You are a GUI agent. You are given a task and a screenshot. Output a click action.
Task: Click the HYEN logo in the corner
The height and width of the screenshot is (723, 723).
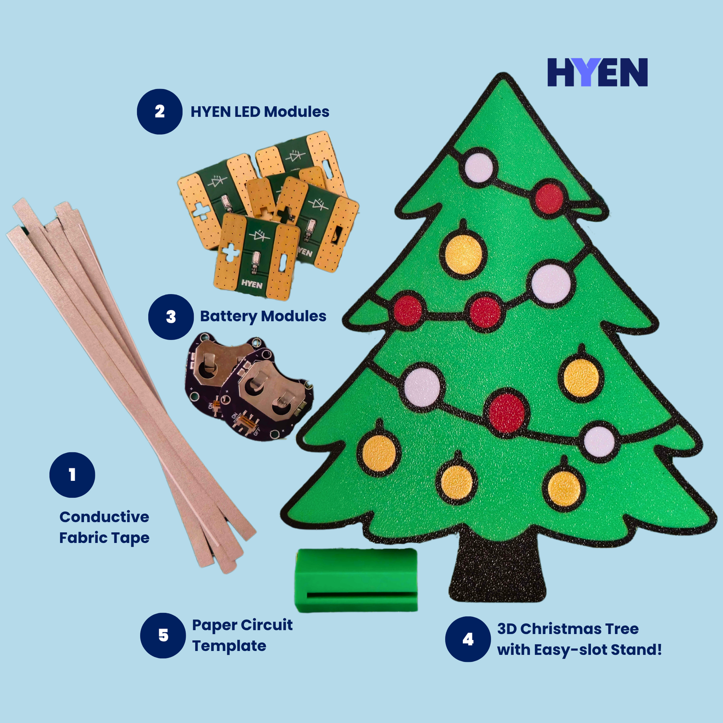pos(597,73)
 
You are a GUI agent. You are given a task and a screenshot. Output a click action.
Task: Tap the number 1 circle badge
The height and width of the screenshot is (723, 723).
pos(72,475)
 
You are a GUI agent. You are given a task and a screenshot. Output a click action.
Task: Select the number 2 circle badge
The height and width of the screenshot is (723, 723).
pos(160,112)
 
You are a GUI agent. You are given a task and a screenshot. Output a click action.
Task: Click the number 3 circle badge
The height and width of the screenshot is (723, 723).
pos(171,317)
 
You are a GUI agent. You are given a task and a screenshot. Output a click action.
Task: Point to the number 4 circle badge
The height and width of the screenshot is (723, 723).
pos(468,639)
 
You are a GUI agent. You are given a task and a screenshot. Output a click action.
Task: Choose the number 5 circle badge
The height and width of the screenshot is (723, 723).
pos(163,635)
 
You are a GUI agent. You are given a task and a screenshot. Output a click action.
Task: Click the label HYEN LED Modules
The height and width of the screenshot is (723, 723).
pos(260,112)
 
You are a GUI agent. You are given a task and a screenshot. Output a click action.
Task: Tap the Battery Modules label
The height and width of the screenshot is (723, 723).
pos(263,316)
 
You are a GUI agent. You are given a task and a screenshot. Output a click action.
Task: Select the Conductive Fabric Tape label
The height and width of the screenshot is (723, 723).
pos(104,527)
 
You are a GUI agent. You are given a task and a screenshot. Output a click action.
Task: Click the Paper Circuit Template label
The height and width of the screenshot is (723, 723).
pos(242,635)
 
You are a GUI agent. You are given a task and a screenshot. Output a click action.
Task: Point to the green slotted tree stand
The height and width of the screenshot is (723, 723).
pos(356,580)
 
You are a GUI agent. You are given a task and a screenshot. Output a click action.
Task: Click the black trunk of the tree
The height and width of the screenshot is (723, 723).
pos(497,570)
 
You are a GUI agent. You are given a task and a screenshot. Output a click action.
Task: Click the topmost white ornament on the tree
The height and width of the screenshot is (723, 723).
pos(479,168)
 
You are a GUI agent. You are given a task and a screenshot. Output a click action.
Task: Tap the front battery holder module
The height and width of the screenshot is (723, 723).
pos(268,400)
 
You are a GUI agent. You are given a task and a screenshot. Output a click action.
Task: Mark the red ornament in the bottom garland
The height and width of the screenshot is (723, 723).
pos(507,412)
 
